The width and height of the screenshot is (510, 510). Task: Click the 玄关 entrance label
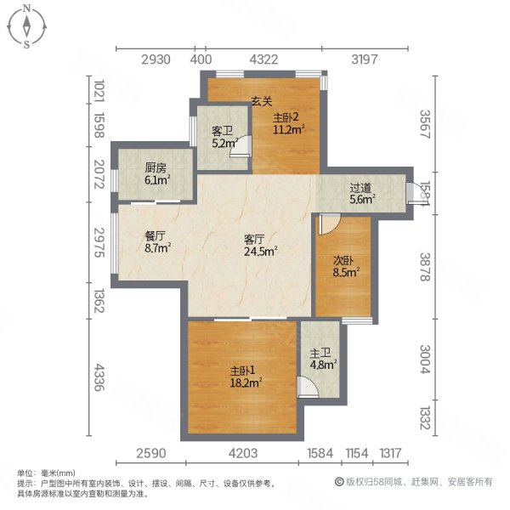point(260,102)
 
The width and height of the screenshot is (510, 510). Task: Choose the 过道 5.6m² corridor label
point(361,195)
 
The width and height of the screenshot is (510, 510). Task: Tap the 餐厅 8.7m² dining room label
point(157,243)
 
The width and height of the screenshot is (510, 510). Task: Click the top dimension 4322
point(263,59)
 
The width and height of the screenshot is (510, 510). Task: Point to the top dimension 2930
point(157,59)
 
